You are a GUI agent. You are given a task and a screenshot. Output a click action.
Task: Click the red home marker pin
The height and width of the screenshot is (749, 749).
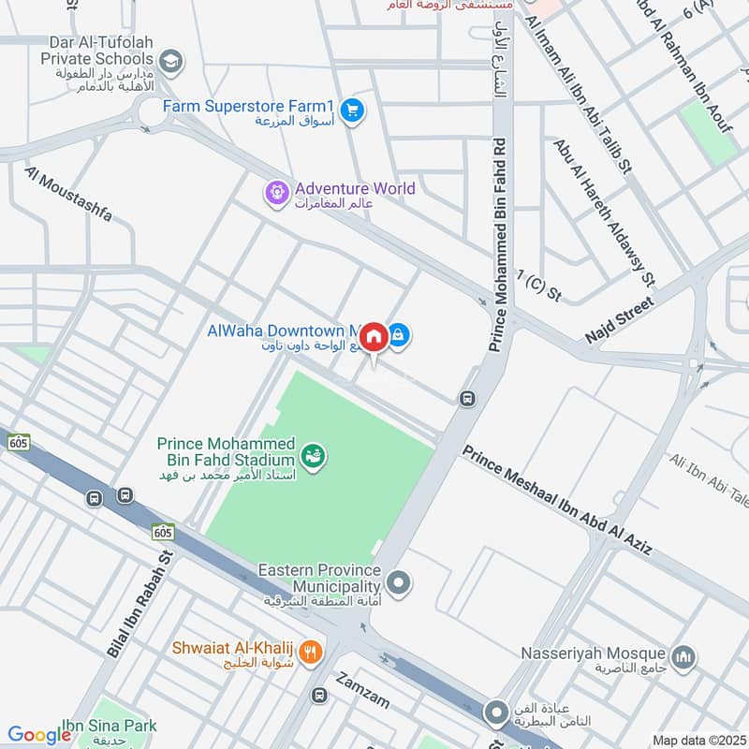coord(374,336)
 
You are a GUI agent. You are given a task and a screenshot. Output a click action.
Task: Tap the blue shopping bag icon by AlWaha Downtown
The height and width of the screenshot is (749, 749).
coord(399,334)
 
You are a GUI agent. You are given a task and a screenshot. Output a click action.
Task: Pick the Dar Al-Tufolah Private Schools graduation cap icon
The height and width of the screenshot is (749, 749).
coord(170,63)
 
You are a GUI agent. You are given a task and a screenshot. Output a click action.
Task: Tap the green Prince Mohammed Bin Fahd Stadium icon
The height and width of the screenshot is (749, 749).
coord(313,456)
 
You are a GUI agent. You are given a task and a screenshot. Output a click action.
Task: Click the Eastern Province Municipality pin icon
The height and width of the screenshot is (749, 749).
coord(400,583)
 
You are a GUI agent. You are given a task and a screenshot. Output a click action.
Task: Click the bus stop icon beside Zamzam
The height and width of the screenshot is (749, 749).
coord(320,696)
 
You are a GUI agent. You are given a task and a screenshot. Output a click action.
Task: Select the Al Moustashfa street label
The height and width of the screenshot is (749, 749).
coord(68,195)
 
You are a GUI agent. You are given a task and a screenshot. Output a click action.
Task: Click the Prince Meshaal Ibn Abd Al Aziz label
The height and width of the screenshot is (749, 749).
coord(557,499)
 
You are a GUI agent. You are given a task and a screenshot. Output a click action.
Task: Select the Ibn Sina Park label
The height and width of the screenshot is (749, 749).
coord(110,726)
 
